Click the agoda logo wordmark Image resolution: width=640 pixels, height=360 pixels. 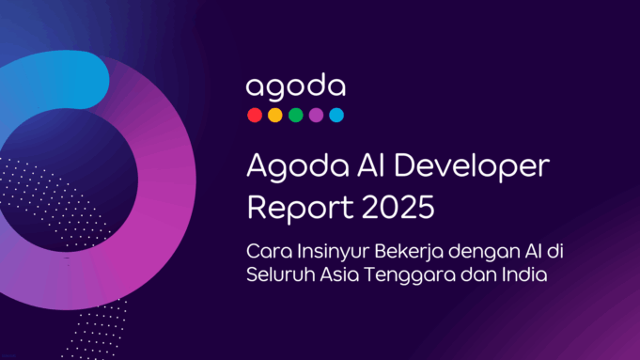tap(295, 87)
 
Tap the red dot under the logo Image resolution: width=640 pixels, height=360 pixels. tap(254, 116)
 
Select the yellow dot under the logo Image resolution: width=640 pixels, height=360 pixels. tap(274, 116)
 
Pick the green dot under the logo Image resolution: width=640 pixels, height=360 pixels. tap(295, 116)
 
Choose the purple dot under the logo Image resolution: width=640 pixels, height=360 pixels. tap(316, 116)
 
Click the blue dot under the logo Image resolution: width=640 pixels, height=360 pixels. tap(336, 116)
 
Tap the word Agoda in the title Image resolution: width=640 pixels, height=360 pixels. tap(287, 166)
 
